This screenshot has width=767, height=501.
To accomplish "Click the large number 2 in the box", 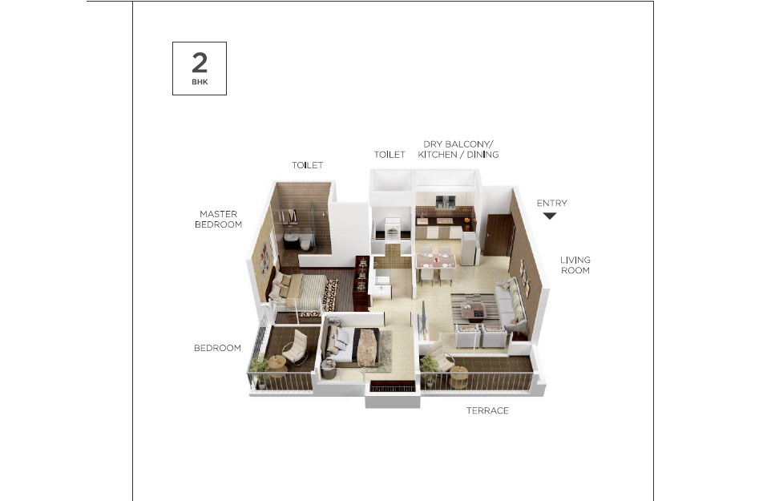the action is tap(200, 63).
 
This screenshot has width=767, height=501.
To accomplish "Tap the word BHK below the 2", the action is tap(200, 82).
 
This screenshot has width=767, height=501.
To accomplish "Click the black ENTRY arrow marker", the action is tap(550, 216).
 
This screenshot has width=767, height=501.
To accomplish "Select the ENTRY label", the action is tap(551, 203).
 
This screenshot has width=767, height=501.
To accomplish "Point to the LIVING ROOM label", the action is tap(575, 265).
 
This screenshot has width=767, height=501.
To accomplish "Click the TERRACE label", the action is tap(487, 410).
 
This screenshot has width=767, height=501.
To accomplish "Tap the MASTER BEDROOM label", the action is tap(218, 219).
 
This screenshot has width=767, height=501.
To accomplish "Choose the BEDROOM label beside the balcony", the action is tap(217, 348).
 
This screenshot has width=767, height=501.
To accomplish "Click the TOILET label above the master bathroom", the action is tap(307, 165).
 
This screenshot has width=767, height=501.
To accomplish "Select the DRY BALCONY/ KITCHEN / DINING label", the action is tap(458, 149).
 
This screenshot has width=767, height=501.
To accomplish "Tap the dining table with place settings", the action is tap(435, 261).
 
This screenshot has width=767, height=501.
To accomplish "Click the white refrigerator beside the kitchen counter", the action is tap(469, 248).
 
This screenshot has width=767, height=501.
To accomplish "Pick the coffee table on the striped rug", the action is tap(473, 311).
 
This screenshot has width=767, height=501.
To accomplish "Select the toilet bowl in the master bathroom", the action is tap(305, 243).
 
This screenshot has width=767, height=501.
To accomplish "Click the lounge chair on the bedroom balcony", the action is tap(296, 347).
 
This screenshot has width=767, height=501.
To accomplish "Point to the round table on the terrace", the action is tap(458, 376).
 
